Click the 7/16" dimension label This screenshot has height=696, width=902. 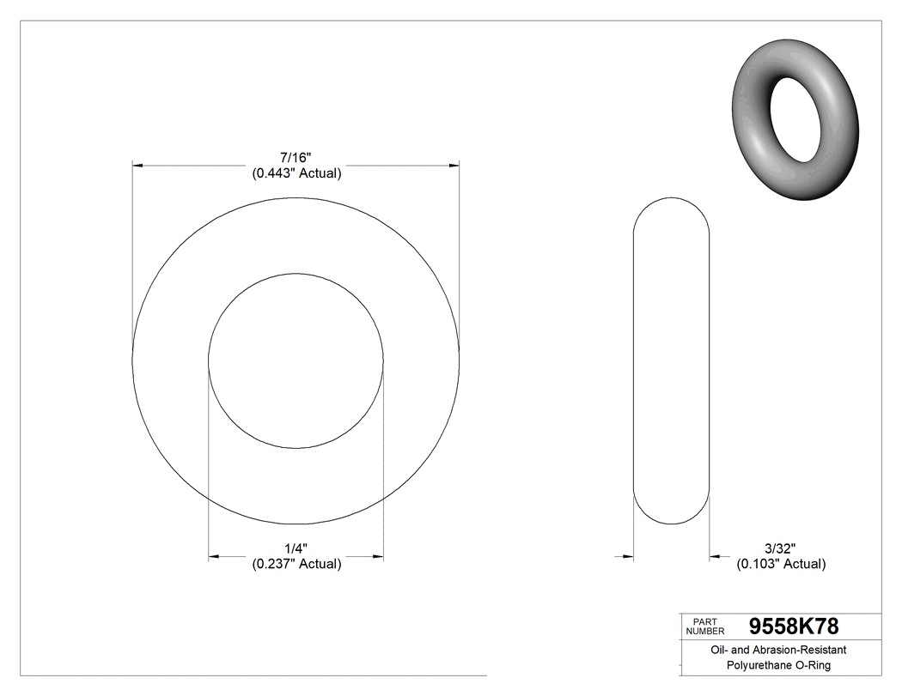296,158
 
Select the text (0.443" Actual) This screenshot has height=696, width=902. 296,173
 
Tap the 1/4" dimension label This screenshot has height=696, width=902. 296,548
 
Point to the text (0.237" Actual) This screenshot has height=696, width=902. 296,564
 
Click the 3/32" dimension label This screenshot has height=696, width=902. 781,548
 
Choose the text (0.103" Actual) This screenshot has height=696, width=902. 781,564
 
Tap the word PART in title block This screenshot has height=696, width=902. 704,621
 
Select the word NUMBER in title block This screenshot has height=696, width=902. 705,631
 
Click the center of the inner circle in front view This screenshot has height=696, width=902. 296,360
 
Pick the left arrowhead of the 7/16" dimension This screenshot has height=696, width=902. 137,164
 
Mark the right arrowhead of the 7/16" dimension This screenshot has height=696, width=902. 454,164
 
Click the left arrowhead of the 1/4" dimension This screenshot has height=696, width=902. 215,557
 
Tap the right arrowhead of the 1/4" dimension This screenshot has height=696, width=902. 377,557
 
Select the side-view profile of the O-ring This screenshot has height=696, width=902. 671,360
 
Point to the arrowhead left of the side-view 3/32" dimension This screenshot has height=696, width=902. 627,557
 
